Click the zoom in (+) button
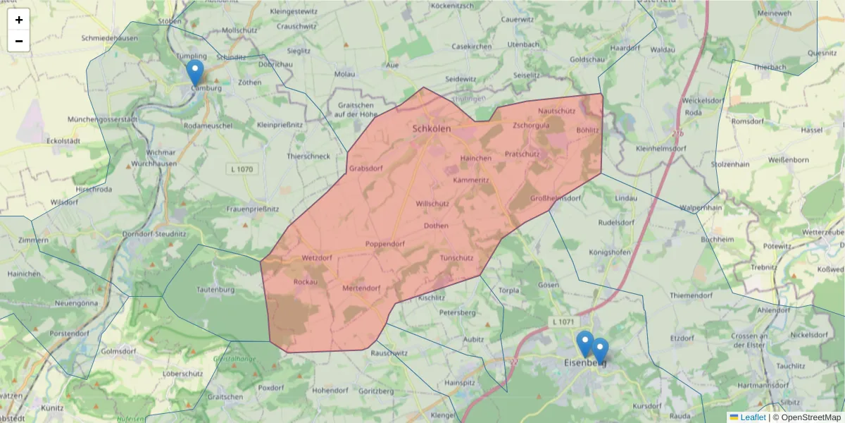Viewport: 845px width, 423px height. pos(19,20)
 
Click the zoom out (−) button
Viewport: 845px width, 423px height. pos(19,41)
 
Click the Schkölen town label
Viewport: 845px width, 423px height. pos(432,129)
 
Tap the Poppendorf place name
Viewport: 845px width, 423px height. pos(385,244)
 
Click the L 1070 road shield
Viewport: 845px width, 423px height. pos(242,169)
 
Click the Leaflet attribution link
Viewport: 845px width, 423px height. pos(752,417)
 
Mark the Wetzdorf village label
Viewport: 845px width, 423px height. pos(316,259)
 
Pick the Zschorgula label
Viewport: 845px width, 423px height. pos(531,125)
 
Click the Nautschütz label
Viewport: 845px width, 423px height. pos(556,111)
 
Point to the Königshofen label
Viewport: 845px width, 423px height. pos(610,252)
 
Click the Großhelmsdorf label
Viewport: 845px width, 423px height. pos(556,198)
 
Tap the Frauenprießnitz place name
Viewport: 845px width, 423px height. pos(253,209)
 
